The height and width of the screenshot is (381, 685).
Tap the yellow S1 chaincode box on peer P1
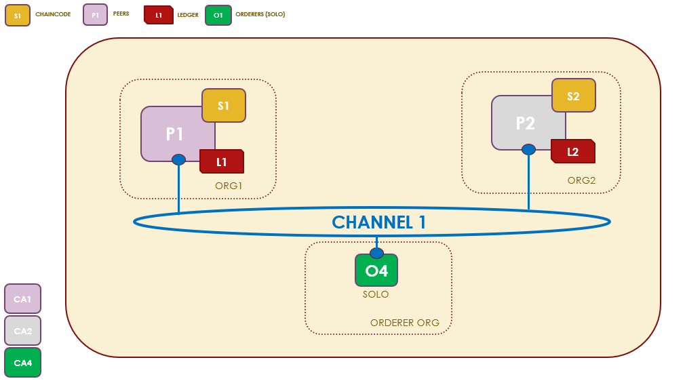224,106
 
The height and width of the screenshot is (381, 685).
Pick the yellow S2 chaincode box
573,96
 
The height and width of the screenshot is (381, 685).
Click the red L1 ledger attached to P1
222,162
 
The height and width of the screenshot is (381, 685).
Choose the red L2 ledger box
573,152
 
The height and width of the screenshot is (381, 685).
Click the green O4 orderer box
376,271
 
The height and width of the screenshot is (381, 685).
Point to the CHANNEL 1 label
378,222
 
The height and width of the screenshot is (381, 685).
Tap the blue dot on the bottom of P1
178,160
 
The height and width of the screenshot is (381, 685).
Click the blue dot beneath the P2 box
528,150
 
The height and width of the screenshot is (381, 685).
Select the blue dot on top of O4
376,254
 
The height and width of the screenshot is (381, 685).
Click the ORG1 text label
229,185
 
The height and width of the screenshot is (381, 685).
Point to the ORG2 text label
581,180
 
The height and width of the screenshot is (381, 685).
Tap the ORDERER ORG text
405,323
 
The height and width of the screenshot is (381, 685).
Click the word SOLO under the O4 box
376,295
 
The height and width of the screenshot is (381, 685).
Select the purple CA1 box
23,299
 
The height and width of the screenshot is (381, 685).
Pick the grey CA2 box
23,331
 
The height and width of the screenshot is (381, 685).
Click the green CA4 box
23,363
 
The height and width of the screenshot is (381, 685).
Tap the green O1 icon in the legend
218,15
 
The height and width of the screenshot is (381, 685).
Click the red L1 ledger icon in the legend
158,15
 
